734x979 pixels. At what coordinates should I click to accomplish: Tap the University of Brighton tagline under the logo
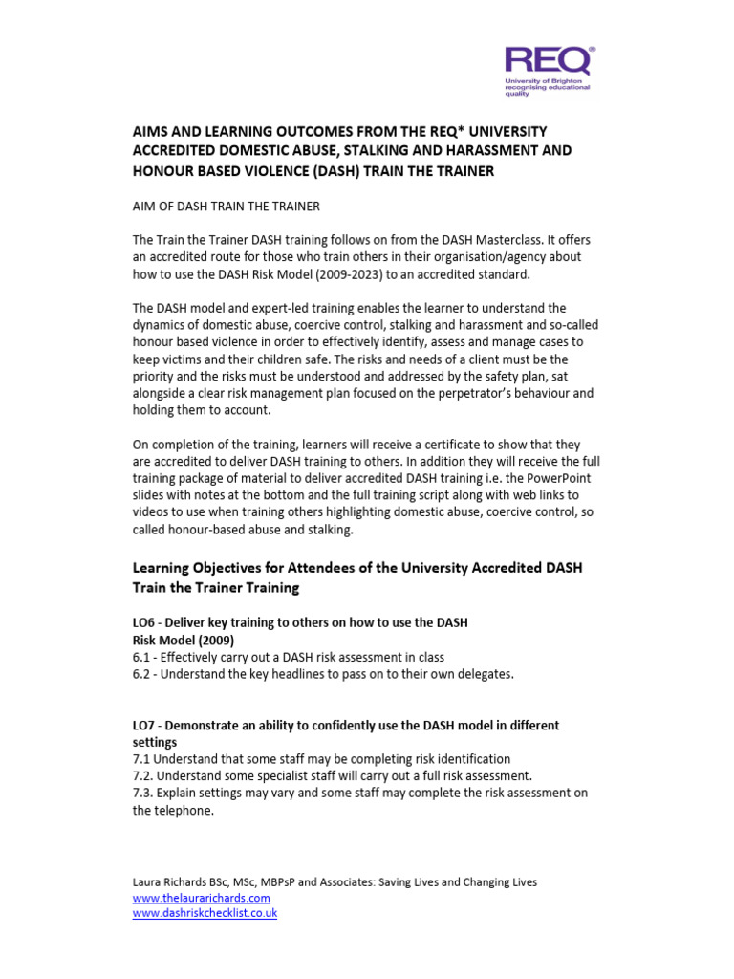pos(548,88)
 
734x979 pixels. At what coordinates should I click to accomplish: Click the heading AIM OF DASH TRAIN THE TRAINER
pos(226,207)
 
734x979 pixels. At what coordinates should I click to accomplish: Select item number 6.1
pos(142,657)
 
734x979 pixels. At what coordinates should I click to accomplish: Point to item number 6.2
pos(142,674)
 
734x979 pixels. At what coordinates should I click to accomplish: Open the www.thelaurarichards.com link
pos(202,898)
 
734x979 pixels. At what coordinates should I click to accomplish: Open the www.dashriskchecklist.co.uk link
pos(205,913)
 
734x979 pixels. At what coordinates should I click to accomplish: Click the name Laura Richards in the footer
pos(169,882)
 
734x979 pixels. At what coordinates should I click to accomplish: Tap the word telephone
pos(186,810)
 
